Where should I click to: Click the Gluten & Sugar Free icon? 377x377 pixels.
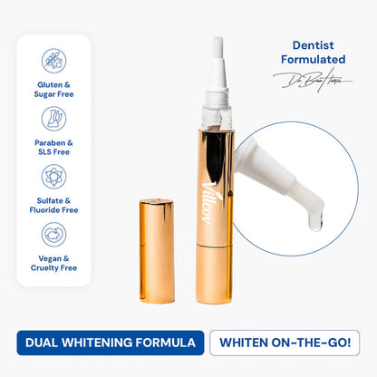[53, 61]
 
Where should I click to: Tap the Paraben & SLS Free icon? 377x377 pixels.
[53, 119]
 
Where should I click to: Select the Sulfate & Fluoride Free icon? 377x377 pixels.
[53, 177]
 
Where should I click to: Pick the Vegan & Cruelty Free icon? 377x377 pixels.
[53, 235]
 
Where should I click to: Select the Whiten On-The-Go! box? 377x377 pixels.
[285, 343]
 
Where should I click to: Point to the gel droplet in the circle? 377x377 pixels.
[314, 220]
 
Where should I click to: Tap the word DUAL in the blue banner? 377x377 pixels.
[39, 343]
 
